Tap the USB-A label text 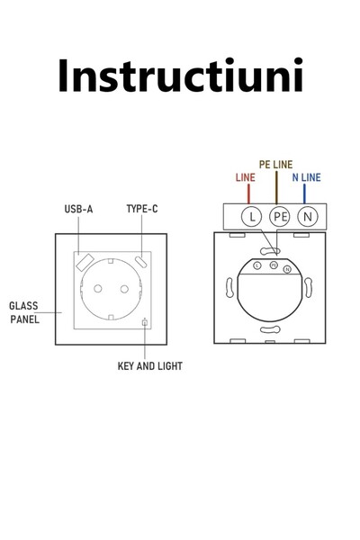click(78, 210)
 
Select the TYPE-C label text click(142, 210)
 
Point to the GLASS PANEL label click(24, 311)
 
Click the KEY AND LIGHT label click(151, 366)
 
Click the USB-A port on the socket click(83, 263)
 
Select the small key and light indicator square click(145, 323)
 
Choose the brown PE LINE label click(275, 166)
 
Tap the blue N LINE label click(306, 178)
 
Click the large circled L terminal click(251, 217)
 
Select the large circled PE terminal click(279, 217)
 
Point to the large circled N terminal click(308, 217)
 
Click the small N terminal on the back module click(287, 269)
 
